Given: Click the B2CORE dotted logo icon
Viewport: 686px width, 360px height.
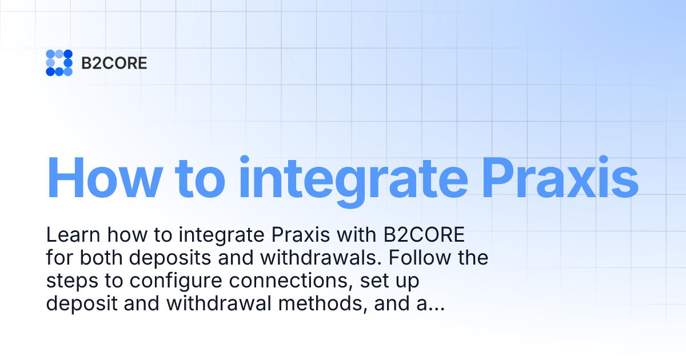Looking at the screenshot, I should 59,63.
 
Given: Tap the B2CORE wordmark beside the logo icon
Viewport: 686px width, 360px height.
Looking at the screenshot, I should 114,63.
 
